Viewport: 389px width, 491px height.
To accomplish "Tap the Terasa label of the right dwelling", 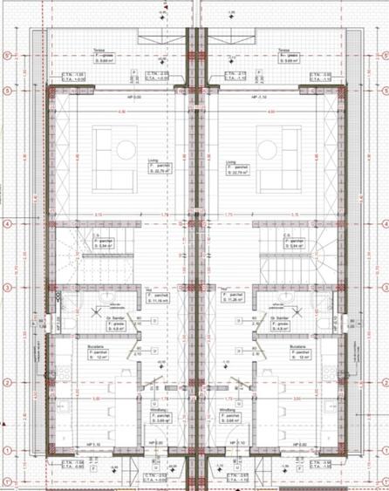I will pyautogui.click(x=283, y=51).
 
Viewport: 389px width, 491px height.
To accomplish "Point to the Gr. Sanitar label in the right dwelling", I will pyautogui.click(x=279, y=317).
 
